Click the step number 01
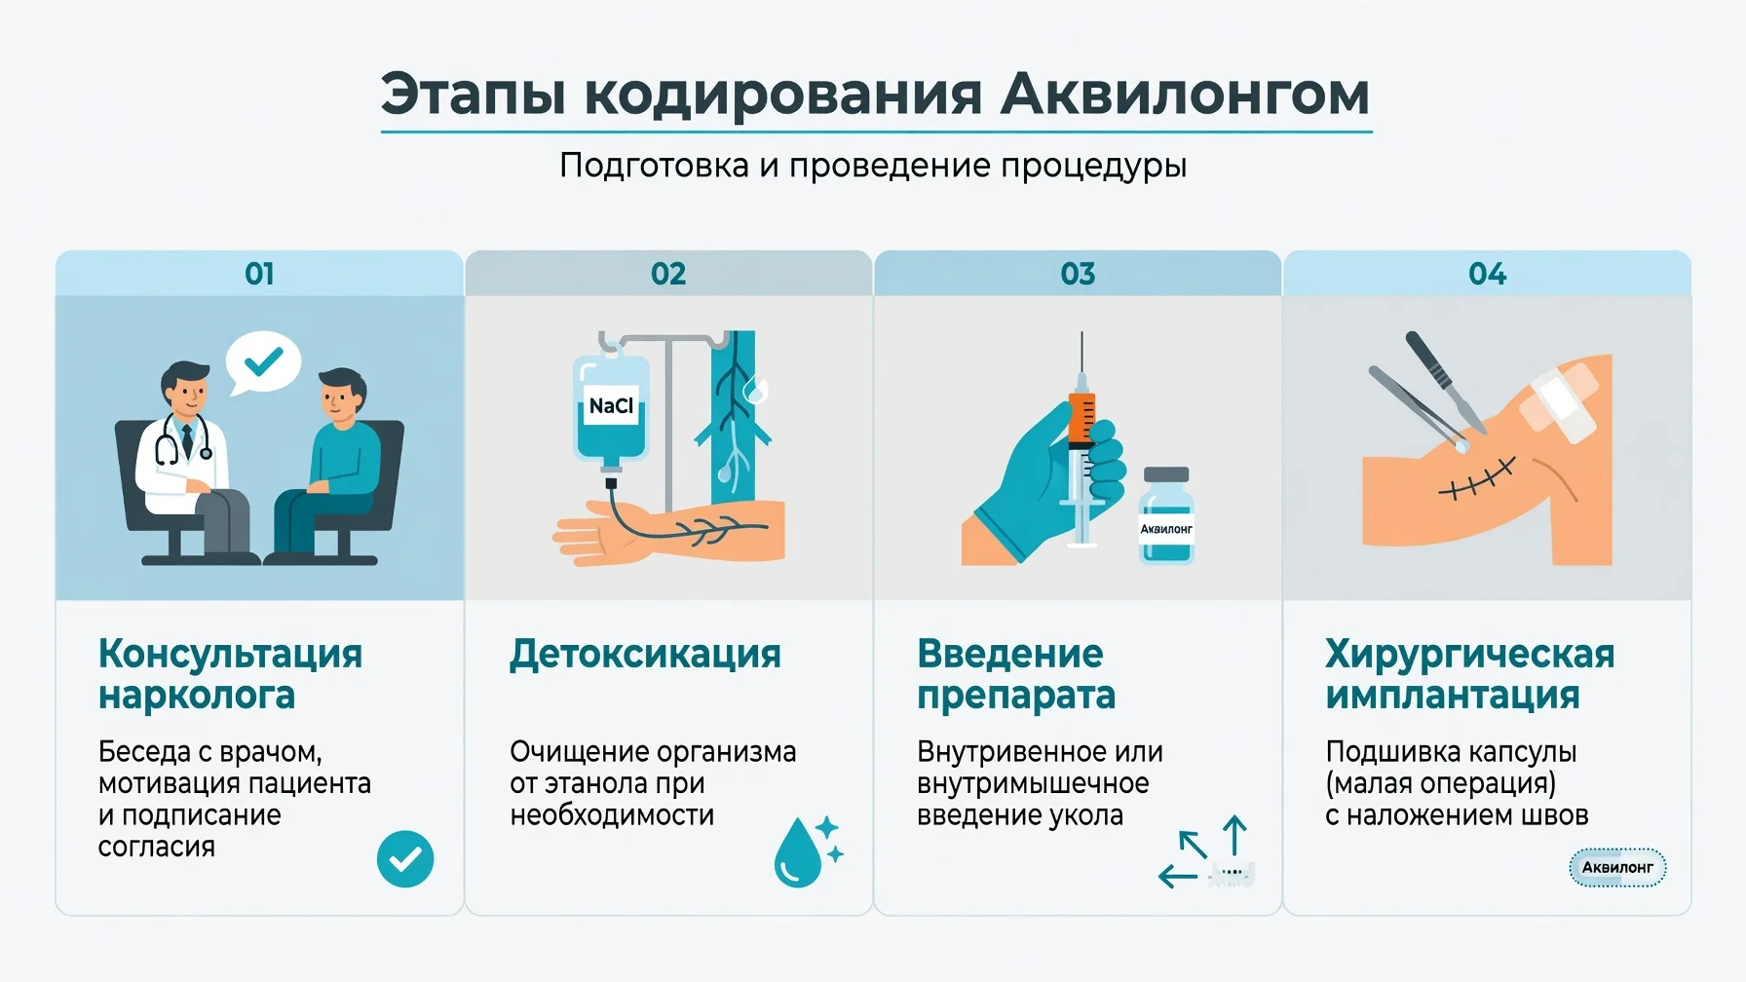tap(259, 274)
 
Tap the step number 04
tap(1487, 274)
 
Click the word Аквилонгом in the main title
tap(1185, 94)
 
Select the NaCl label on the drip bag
tap(611, 406)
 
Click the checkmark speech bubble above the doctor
tap(262, 363)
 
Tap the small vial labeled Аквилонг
tap(1166, 515)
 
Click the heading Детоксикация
tap(645, 654)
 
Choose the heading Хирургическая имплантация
tap(1469, 674)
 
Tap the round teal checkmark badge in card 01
tap(405, 858)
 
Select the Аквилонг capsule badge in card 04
tap(1617, 867)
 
